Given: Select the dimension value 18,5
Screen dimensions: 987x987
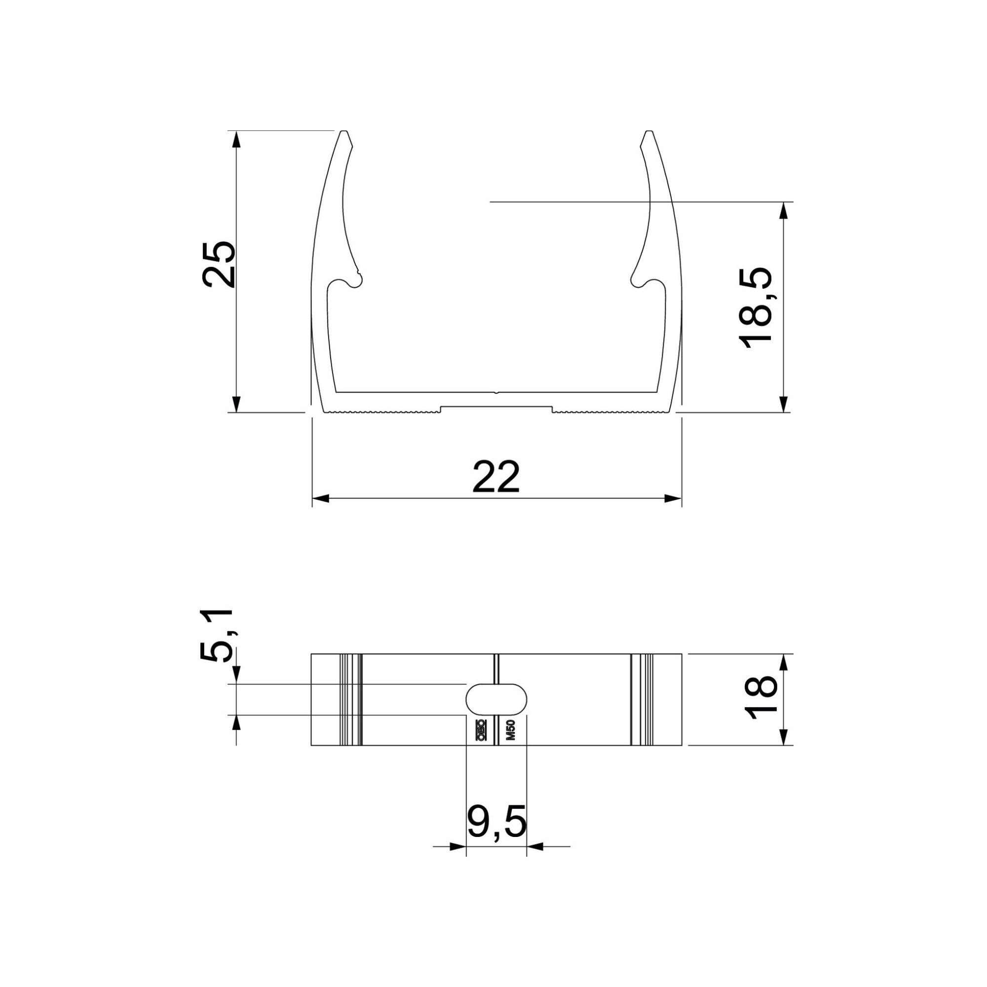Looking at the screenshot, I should (x=755, y=307).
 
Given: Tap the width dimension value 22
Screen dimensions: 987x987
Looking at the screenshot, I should (x=496, y=477).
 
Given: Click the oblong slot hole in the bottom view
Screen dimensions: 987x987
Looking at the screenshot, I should (x=496, y=699).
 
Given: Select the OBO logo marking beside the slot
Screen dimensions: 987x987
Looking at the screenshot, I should (x=481, y=730).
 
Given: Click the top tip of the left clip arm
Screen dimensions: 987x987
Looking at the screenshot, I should (x=344, y=133).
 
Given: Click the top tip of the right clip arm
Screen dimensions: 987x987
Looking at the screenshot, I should (x=649, y=133).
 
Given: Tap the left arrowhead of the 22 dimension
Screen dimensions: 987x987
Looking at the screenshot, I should (x=320, y=498).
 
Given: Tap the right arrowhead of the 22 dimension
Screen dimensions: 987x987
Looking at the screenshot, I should (x=673, y=498).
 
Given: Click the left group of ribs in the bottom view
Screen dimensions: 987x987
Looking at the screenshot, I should (x=351, y=699).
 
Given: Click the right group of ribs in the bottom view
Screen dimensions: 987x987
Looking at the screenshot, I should (x=642, y=699).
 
